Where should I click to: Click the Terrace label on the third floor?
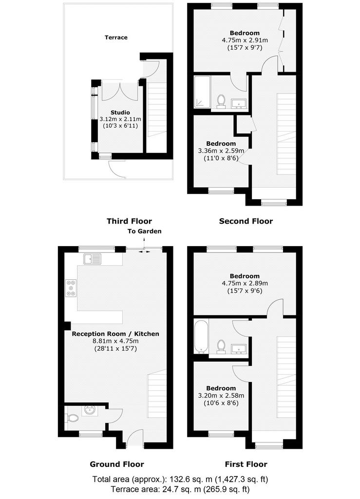point(116,38)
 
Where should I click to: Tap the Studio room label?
point(120,113)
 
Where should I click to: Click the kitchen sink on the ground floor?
point(92,259)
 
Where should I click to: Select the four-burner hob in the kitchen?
point(71,288)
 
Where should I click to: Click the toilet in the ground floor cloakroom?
point(73,417)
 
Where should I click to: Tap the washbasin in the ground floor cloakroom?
point(90,411)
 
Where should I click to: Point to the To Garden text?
point(144,231)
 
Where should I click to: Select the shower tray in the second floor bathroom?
point(202,92)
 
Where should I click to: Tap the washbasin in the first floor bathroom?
point(238,349)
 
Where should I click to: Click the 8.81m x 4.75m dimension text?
point(115,341)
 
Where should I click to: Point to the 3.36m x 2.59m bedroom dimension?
point(221,151)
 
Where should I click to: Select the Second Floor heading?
point(246,221)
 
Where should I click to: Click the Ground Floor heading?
point(117,464)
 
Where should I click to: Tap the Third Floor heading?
point(130,221)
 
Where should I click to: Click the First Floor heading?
point(246,464)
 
